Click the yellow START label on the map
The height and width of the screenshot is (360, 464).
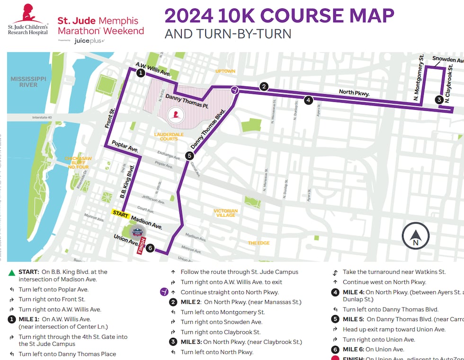120,213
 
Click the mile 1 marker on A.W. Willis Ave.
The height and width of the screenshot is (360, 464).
141,73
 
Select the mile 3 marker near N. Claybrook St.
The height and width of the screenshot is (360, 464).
439,99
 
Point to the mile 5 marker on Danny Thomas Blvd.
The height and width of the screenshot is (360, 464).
189,156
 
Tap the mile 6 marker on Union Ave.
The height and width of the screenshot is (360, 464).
150,248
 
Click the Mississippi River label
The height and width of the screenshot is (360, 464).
28,81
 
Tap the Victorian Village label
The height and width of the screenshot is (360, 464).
225,213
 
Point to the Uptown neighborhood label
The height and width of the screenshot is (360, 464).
225,71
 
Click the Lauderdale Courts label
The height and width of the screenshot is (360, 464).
166,137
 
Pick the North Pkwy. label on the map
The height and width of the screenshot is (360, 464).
354,93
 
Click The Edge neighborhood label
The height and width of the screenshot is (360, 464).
259,243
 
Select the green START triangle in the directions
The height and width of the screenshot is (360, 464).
11,272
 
